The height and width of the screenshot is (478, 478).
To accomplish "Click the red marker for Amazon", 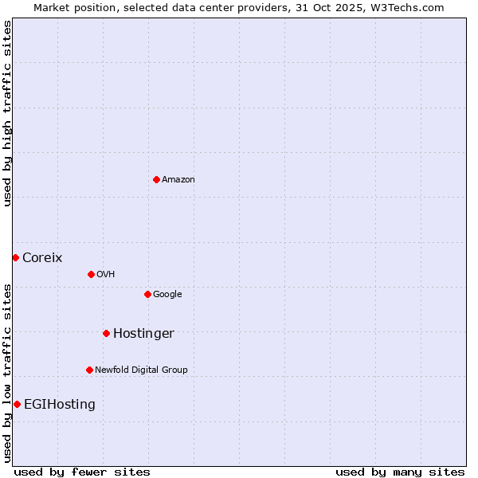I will tap(156, 179).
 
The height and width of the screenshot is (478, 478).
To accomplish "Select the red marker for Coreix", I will tap(15, 257).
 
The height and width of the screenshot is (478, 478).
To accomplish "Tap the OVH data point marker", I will tap(91, 274).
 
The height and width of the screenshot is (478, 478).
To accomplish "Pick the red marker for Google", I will tap(147, 294).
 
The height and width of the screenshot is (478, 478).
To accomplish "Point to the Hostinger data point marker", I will tap(106, 333).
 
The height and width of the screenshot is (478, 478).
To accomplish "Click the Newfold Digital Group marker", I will tap(89, 370).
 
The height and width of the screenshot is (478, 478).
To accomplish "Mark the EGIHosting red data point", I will tap(17, 404).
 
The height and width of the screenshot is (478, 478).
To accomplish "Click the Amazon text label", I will tap(178, 179).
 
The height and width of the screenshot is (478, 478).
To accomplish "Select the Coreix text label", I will tap(42, 257).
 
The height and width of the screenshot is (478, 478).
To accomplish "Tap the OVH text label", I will tap(106, 274).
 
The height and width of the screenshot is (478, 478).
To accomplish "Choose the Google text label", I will tap(167, 294).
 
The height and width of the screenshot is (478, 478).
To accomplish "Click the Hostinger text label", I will tap(143, 333).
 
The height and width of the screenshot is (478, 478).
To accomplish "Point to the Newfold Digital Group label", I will tap(141, 370).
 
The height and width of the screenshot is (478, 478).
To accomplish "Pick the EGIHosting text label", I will tap(60, 404).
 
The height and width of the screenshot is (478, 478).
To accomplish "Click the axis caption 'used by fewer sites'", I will tap(82, 472).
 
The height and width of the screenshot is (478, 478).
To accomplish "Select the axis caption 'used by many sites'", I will tap(400, 472).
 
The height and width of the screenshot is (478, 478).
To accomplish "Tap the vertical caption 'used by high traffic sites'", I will tap(7, 113).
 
